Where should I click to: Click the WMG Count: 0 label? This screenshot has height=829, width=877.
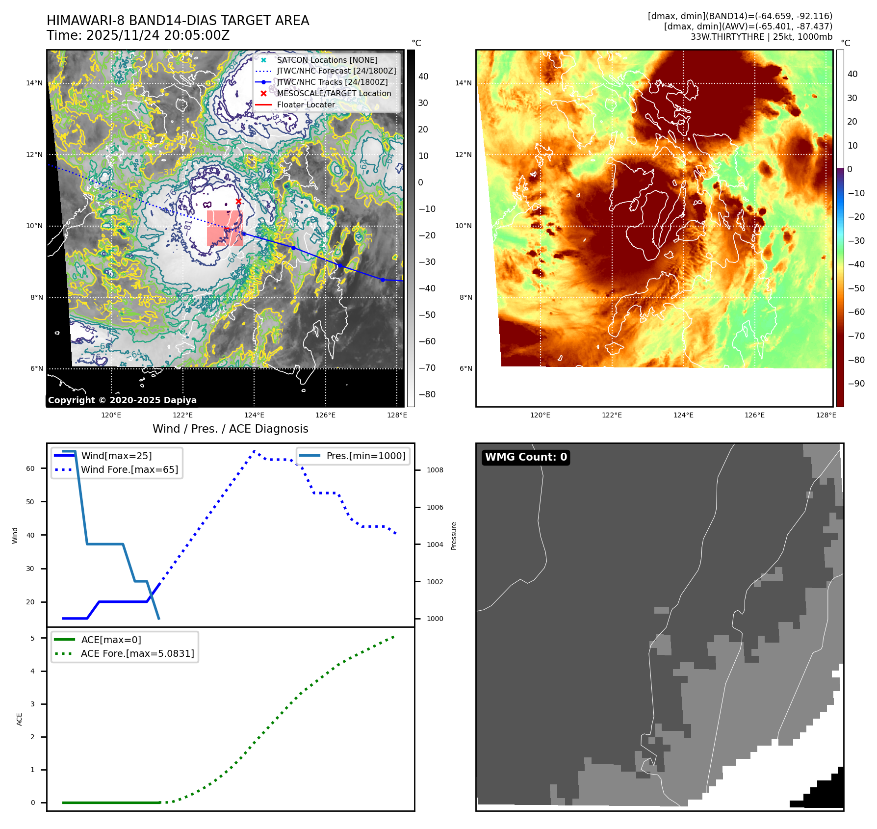point(526,457)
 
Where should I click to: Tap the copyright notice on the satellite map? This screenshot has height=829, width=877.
point(122,400)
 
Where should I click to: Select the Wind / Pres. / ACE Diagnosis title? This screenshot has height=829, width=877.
point(230,429)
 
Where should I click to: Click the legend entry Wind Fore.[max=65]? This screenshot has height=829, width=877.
point(129,469)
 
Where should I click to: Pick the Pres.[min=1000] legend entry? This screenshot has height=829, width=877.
point(366,456)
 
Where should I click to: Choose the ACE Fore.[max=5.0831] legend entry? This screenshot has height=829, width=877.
point(137,653)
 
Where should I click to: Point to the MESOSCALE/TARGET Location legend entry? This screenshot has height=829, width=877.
point(334,93)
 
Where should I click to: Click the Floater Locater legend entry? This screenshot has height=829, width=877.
point(306,104)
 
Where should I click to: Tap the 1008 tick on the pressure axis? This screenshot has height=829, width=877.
point(435,470)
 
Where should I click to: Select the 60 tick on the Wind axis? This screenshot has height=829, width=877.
point(30,468)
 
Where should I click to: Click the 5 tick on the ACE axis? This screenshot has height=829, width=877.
point(32,638)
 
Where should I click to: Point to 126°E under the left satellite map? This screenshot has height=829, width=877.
point(326,415)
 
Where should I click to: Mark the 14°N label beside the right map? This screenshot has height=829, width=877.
point(464,83)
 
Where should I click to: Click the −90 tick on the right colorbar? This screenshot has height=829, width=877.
point(856,384)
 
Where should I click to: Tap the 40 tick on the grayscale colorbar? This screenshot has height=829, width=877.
point(423,77)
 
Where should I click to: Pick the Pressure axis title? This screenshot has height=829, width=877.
point(454,536)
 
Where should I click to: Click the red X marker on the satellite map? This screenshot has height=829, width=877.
point(238,202)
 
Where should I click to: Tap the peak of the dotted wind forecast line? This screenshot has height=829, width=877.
point(254,451)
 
